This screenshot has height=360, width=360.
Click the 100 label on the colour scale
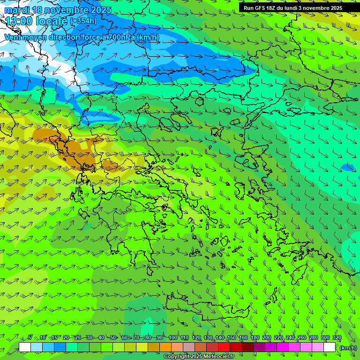tap(173, 338)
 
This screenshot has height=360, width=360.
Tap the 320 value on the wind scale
tap(337, 338)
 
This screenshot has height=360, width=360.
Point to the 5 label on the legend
tap(30, 338)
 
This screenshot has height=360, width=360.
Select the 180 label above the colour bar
tap(255, 338)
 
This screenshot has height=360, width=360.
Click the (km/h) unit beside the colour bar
tap(347, 348)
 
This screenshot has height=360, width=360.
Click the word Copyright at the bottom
tap(177, 357)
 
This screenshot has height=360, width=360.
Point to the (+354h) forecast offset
tap(83, 21)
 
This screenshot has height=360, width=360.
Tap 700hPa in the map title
tap(119, 37)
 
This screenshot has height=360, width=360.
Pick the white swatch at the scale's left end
tap(25, 347)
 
